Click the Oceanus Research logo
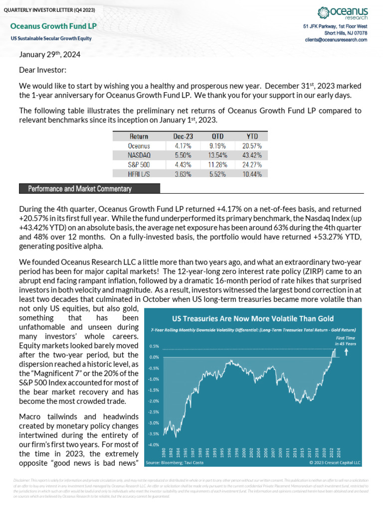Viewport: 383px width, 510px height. tap(342, 13)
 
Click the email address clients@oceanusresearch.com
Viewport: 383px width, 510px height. tap(336, 39)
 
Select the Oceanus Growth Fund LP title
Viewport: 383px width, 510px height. tap(53, 26)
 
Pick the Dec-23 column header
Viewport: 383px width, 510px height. tap(183, 136)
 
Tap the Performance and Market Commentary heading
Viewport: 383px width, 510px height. tap(80, 189)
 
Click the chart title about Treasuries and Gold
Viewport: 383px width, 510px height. tap(253, 319)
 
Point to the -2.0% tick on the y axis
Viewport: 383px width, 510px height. tap(154, 400)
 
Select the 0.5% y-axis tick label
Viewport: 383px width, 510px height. tap(154, 346)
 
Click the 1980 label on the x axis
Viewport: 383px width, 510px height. tap(164, 453)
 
